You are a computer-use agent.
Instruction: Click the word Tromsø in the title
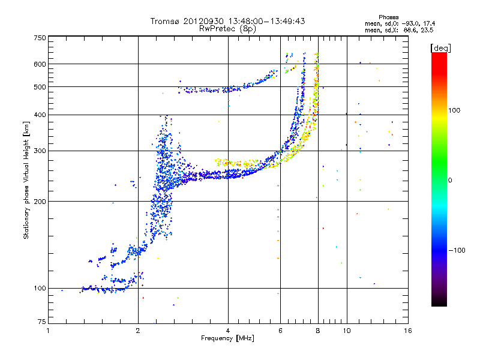(166, 21)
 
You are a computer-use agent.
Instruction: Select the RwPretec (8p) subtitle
(227, 29)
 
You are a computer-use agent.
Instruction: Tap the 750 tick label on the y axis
(40, 38)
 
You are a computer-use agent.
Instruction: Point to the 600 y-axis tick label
(40, 64)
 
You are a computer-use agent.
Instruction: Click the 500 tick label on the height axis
(40, 87)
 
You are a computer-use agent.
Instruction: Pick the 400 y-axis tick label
(40, 115)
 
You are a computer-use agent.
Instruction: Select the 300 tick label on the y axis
(40, 151)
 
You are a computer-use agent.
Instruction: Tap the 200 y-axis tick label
(40, 202)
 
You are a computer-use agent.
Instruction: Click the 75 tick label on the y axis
(42, 322)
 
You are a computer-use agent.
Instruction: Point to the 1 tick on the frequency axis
(49, 331)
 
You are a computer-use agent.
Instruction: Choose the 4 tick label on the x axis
(228, 331)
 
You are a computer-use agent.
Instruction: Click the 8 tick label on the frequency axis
(318, 331)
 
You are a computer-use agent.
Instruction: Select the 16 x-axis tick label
(408, 331)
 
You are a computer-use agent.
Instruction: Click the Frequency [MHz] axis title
(227, 338)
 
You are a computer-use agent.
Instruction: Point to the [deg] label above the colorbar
(441, 49)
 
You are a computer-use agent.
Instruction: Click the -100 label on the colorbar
(457, 250)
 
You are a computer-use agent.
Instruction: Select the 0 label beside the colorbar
(450, 181)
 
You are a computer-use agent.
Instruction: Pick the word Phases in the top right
(389, 17)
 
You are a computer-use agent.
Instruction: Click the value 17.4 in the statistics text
(429, 23)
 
